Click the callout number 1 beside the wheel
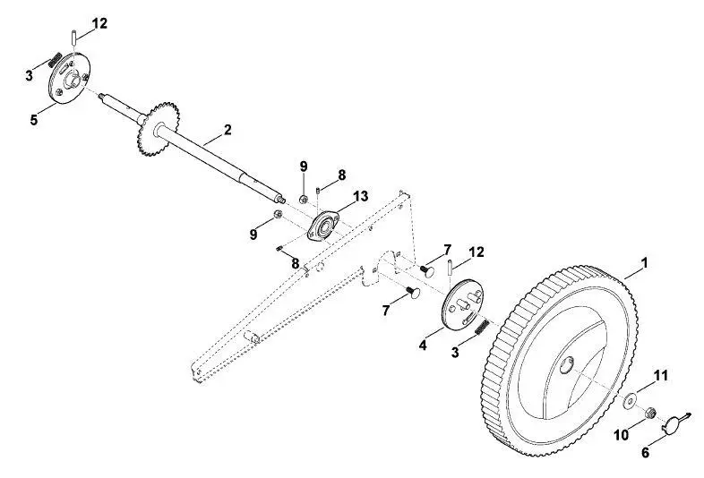[x=645, y=262]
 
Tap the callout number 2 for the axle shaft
[x=228, y=130]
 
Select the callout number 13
[x=361, y=196]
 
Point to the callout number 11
[x=660, y=375]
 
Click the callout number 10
[x=622, y=435]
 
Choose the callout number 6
[x=645, y=452]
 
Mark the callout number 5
[x=34, y=120]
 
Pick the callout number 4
[x=423, y=346]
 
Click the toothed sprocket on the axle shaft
[x=158, y=129]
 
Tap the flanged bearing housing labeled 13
[x=323, y=226]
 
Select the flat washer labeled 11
[x=630, y=399]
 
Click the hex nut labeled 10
[x=649, y=413]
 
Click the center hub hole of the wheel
[x=568, y=364]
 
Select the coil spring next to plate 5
[x=56, y=61]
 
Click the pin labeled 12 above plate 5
[x=73, y=37]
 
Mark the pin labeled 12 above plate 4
[x=450, y=268]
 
